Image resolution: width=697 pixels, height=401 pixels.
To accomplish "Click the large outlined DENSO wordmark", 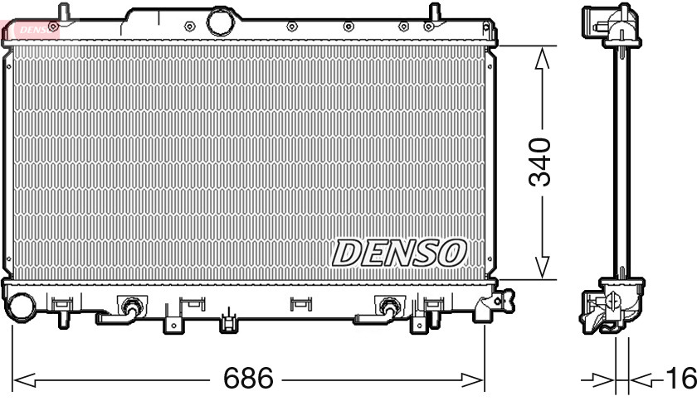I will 399,253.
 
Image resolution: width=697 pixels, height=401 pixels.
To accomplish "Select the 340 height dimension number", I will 540,162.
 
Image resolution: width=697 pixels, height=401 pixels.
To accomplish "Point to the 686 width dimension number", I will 248,379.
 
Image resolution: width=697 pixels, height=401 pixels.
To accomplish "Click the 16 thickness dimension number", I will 680,379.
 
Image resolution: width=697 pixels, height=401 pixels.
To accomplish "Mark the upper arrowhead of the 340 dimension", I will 542,56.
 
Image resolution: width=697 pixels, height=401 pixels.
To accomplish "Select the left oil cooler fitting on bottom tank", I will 129,307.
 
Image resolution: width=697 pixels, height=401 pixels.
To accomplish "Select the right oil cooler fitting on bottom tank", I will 387,307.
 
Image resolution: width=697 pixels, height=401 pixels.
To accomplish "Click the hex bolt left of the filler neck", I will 190,26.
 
